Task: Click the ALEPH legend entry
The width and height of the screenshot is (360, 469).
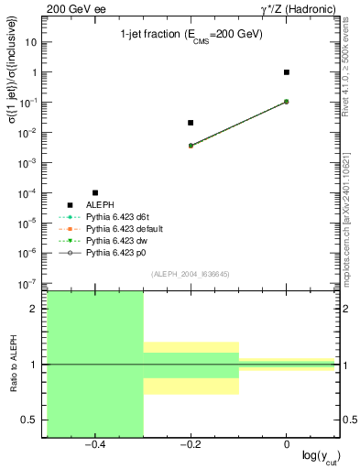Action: tap(100, 204)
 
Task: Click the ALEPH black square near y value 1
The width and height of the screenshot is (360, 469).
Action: tap(287, 72)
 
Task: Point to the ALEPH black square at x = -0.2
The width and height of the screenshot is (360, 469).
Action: tap(191, 123)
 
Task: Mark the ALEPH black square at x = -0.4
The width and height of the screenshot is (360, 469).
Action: tap(95, 192)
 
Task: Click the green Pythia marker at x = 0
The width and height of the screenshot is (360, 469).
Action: tap(287, 102)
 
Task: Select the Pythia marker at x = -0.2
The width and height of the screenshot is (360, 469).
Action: tap(191, 146)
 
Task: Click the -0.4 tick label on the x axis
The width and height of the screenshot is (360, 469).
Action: tap(94, 443)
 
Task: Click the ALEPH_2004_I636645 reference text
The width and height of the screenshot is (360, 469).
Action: tap(191, 274)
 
